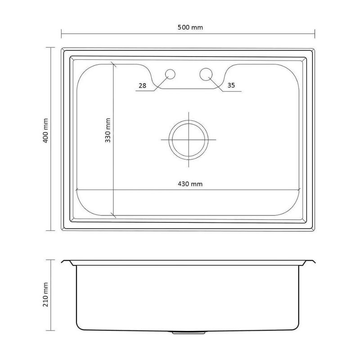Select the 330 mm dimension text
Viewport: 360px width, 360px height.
pos(108,130)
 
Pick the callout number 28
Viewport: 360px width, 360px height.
pos(142,85)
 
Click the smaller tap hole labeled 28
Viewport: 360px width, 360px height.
pos(171,74)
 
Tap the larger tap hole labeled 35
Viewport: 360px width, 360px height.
pos(206,74)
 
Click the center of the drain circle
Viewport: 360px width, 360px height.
pos(189,139)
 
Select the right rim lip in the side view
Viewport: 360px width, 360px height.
pos(309,263)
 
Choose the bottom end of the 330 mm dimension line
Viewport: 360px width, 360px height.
pos(113,217)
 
